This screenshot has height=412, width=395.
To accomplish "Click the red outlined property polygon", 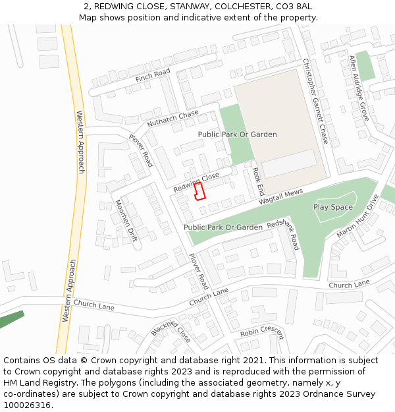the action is click(x=199, y=191).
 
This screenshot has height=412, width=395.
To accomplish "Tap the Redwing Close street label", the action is click(x=196, y=183).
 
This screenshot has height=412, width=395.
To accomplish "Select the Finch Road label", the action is click(x=153, y=76).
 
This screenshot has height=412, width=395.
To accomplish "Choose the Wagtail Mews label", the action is click(x=280, y=195).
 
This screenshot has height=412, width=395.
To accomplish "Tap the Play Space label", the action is click(x=333, y=207).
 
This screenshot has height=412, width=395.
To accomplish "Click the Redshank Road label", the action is click(x=284, y=234).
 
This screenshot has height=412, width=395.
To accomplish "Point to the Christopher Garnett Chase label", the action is click(x=315, y=101).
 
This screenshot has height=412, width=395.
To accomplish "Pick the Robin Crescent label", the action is click(x=261, y=330).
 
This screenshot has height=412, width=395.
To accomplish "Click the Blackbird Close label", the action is click(x=171, y=331).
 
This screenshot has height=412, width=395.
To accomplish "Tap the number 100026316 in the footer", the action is click(x=27, y=405).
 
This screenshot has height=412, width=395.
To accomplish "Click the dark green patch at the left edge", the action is click(x=10, y=321).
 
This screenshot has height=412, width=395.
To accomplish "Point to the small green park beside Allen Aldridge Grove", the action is click(x=365, y=66).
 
